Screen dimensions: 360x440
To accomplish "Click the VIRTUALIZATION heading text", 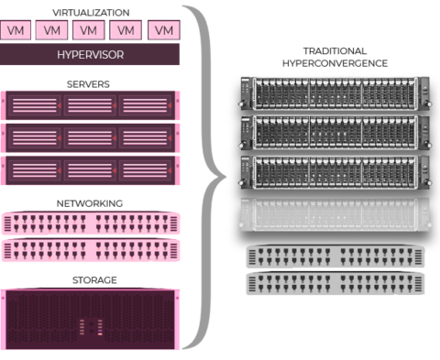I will [x=90, y=13].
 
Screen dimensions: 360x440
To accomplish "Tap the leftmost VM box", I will [x=16, y=30].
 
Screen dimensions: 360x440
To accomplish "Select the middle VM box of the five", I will [x=90, y=30].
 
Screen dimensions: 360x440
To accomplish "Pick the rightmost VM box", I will [x=163, y=30].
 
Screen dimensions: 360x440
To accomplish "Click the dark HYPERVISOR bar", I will [x=90, y=54].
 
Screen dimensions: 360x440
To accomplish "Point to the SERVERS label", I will [x=90, y=83].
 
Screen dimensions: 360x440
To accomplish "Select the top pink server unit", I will [x=91, y=105].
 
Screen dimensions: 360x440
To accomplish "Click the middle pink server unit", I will [x=91, y=137].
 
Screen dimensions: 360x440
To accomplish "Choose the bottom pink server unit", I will [x=91, y=169].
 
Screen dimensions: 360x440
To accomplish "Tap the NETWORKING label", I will [x=90, y=202].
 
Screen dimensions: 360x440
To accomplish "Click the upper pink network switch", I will [x=91, y=223].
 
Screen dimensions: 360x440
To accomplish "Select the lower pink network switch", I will [x=91, y=251].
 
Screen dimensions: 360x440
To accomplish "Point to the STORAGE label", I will [x=90, y=279].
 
